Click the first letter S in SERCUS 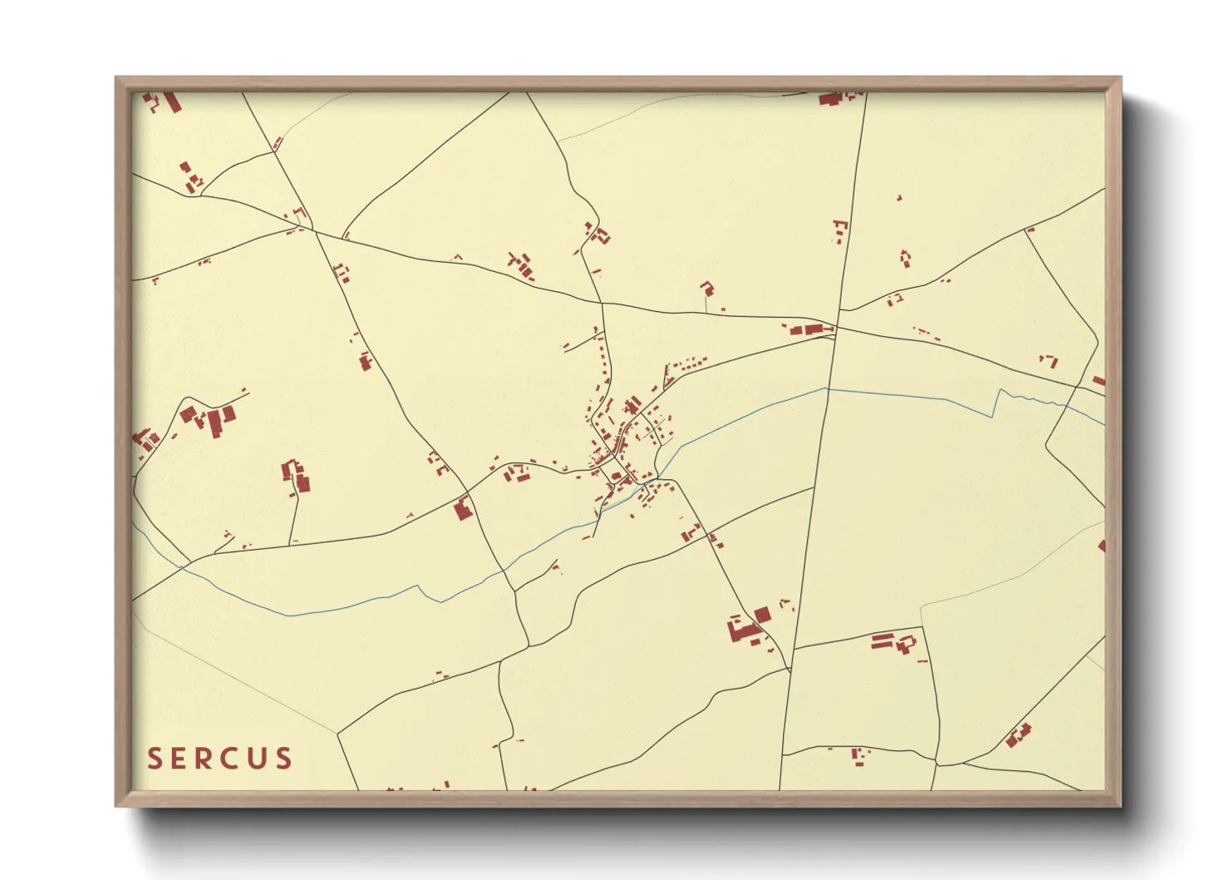tap(155, 759)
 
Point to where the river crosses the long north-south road tap(826, 388)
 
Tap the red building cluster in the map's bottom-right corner tap(1017, 735)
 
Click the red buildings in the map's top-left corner tap(164, 101)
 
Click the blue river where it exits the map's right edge tap(1102, 423)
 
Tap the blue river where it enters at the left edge tap(135, 526)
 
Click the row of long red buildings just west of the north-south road tap(808, 330)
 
